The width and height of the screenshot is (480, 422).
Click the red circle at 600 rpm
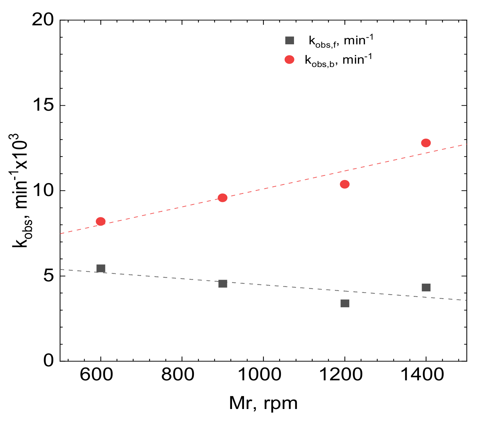[101, 221]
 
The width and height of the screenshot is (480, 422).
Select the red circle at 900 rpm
[223, 198]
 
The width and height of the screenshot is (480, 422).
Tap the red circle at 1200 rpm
[345, 184]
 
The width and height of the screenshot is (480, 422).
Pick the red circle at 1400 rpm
[426, 143]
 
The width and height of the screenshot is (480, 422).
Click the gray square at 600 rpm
[101, 268]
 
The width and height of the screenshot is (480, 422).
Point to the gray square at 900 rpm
[223, 284]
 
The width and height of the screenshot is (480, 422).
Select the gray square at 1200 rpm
[345, 303]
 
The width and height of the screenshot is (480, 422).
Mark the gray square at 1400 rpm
[426, 287]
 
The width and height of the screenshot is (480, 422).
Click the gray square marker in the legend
[290, 41]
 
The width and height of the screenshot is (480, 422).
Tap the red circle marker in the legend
[290, 60]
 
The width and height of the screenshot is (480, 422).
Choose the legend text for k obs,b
[338, 60]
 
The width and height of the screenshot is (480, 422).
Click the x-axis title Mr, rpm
[263, 404]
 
